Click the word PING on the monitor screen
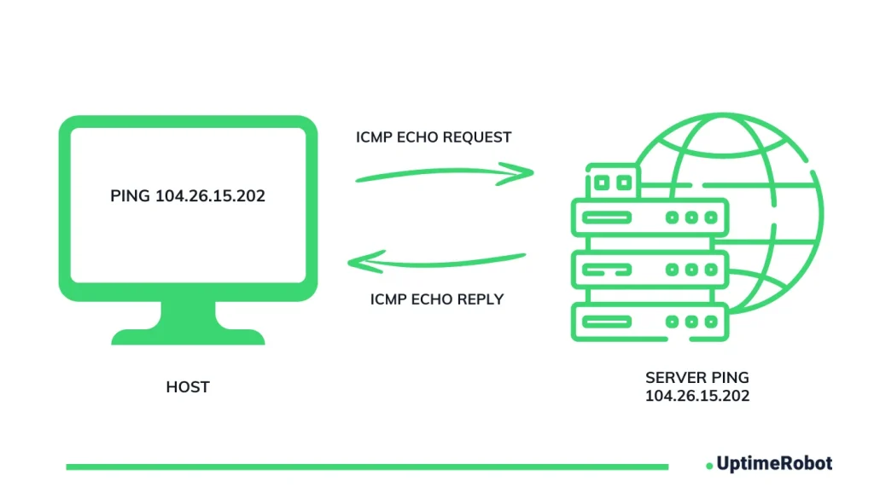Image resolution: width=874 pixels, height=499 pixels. (x=131, y=196)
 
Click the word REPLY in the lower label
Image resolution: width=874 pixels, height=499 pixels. (x=480, y=299)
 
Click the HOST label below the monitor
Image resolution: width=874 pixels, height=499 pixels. (x=188, y=387)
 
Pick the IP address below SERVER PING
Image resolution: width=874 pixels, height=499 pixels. (x=697, y=396)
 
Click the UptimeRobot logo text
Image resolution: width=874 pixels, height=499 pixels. (x=773, y=464)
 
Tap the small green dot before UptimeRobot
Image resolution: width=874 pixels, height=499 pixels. (x=709, y=466)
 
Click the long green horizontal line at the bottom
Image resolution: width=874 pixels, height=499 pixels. (x=367, y=467)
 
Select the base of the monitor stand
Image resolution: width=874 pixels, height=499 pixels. (x=188, y=337)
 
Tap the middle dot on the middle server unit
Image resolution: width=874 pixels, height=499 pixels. (x=690, y=270)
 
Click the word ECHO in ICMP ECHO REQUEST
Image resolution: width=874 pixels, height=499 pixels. (x=414, y=136)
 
